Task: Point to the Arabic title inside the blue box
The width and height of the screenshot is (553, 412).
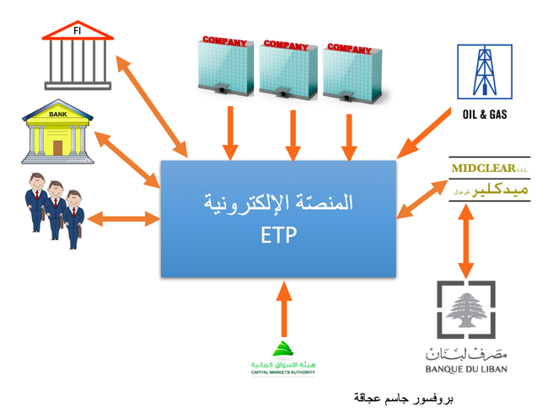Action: tap(278, 204)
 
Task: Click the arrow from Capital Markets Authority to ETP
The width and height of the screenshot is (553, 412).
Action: tap(283, 308)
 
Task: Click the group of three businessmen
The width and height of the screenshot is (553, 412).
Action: tap(53, 208)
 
